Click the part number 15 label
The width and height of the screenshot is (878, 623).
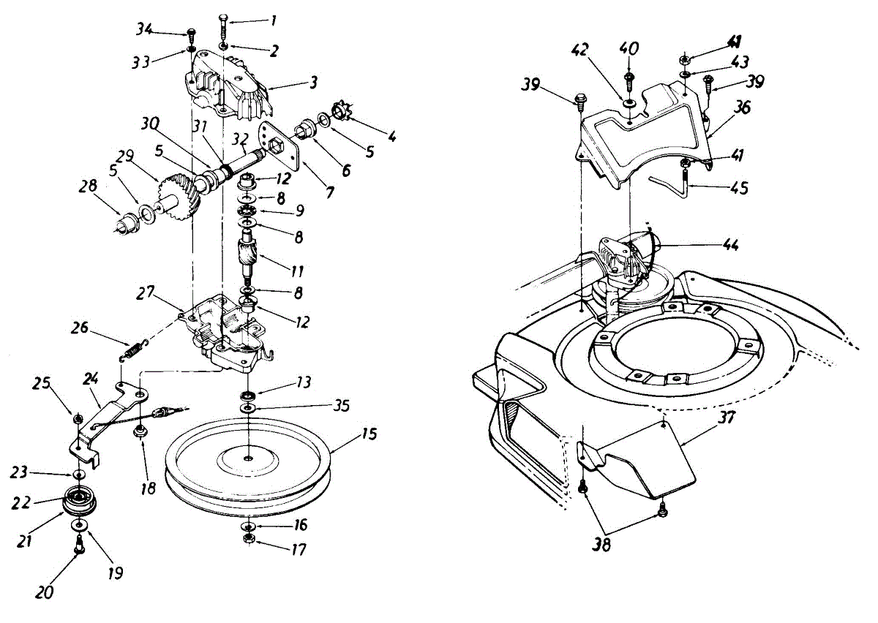(369, 434)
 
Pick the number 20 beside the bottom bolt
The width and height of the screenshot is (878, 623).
(44, 592)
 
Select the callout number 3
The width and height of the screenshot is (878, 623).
(312, 83)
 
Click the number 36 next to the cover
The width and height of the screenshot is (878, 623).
(743, 107)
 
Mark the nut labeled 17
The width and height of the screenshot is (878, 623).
(249, 540)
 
